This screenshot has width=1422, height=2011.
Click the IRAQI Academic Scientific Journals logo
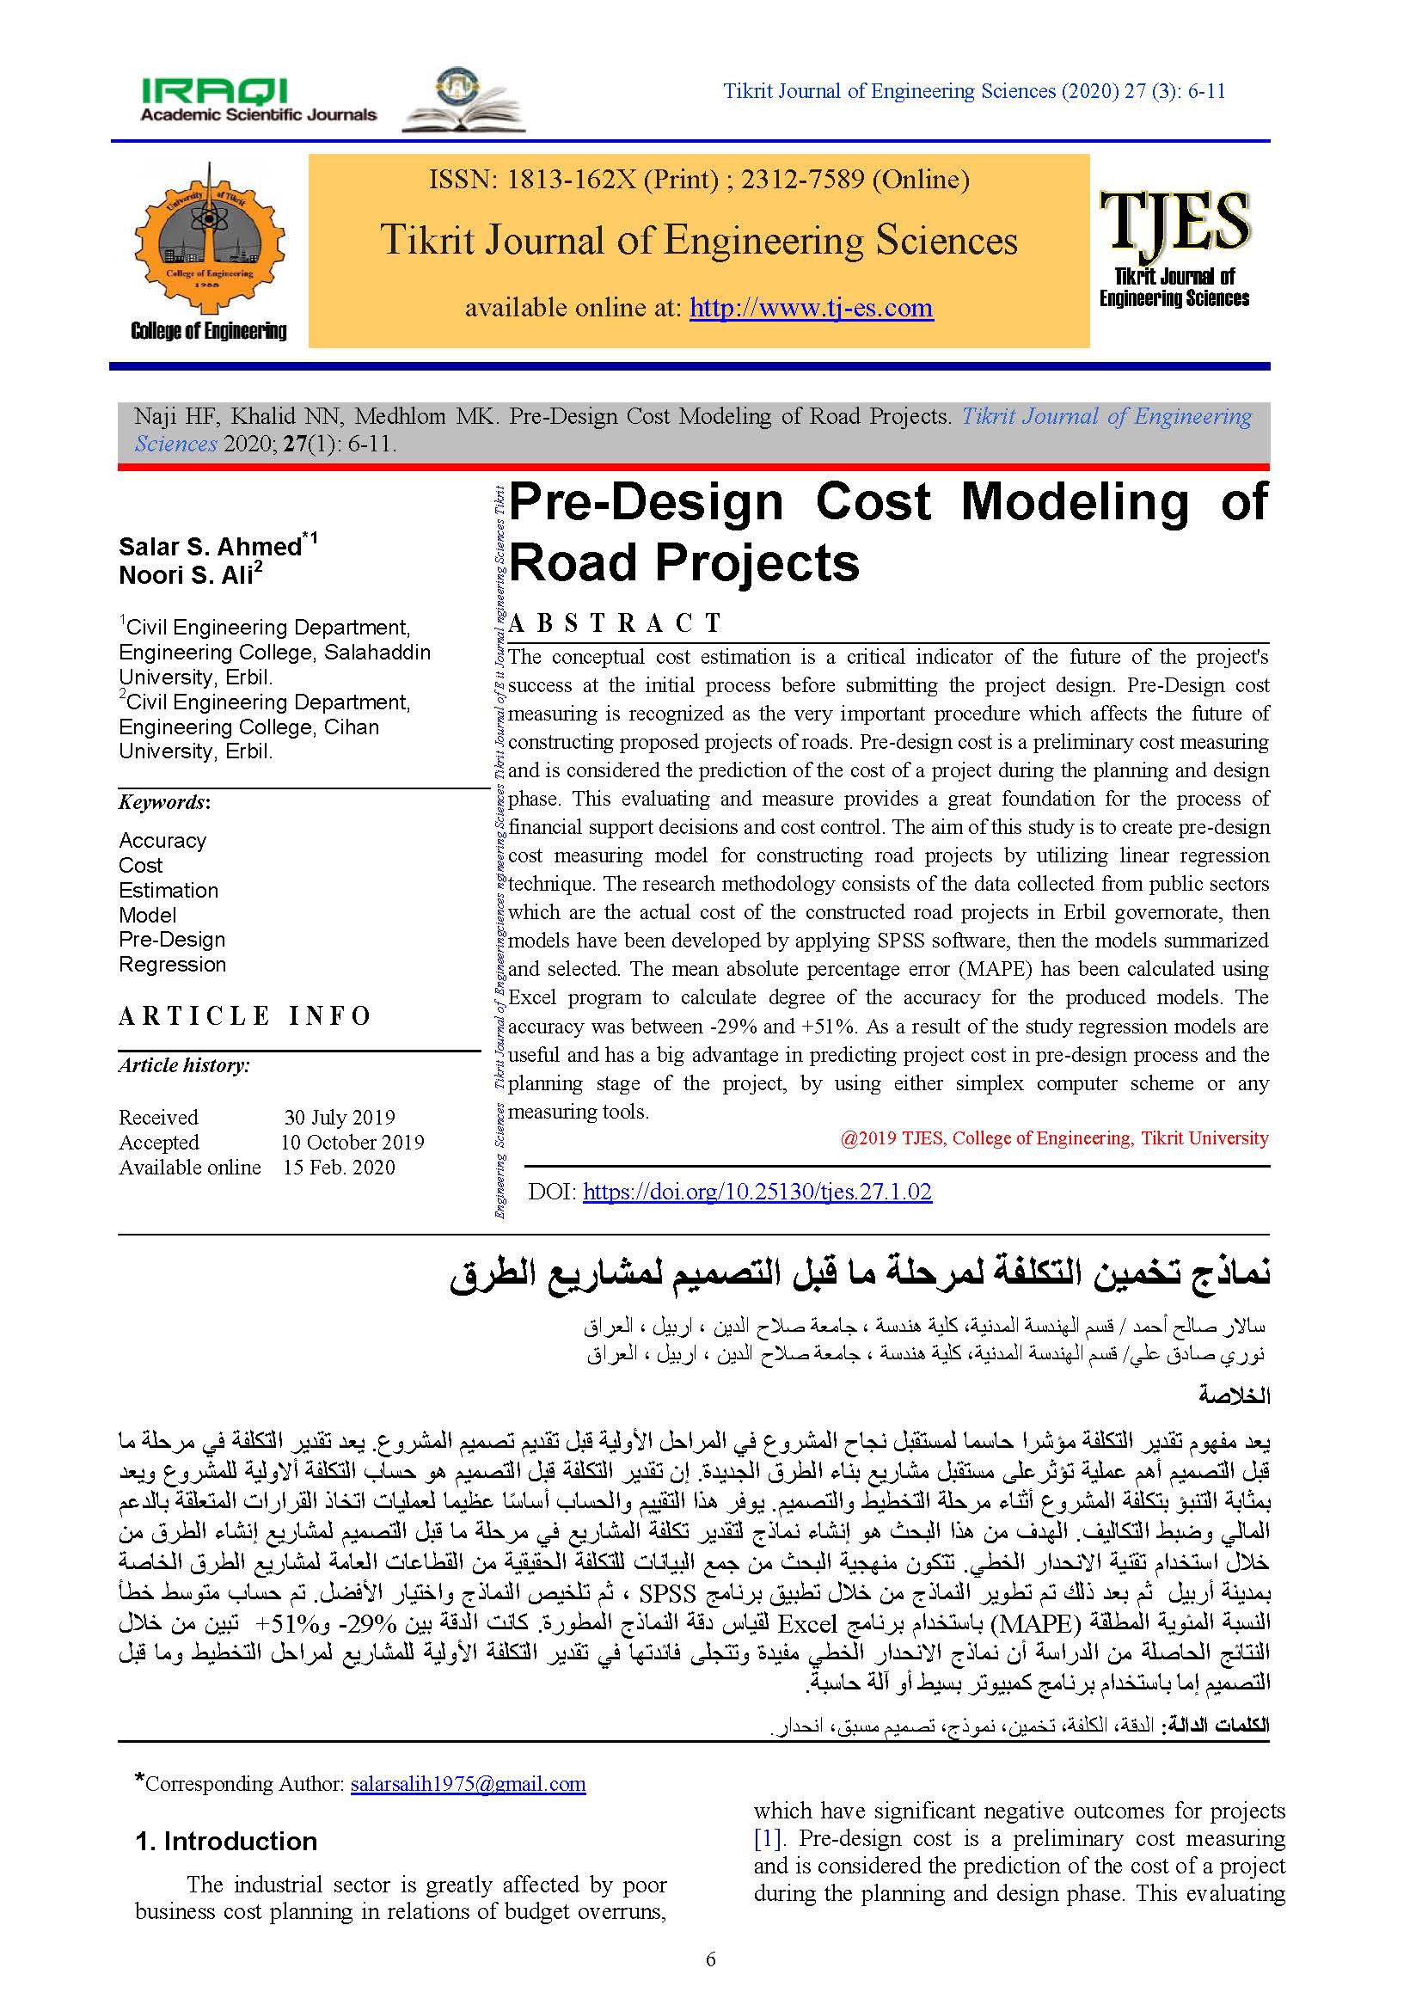tap(258, 100)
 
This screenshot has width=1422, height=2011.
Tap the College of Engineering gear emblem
tap(208, 236)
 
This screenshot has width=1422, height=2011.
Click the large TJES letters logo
tap(1174, 222)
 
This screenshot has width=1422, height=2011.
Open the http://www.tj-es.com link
tap(811, 308)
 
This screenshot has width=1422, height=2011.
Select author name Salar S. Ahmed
tap(210, 547)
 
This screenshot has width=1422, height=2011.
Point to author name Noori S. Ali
tap(186, 575)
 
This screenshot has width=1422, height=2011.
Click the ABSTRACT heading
tap(615, 623)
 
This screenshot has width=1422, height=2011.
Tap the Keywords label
tap(163, 802)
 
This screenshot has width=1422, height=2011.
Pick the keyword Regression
tap(173, 965)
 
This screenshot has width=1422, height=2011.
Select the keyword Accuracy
tap(162, 841)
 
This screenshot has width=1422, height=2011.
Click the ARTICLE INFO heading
tap(245, 1016)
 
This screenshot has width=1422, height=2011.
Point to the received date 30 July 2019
tap(339, 1118)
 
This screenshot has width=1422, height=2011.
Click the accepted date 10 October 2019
tap(352, 1142)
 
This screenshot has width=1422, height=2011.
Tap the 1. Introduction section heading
tap(226, 1841)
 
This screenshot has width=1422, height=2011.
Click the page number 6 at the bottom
tap(710, 1959)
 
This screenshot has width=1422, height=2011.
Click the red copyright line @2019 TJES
tap(1053, 1137)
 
